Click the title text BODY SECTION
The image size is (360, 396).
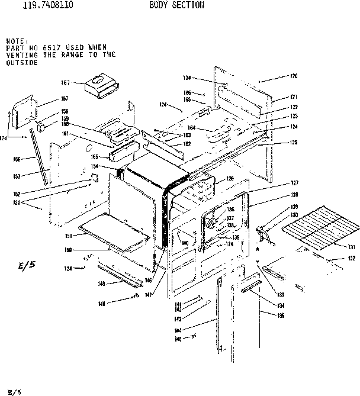(x=176, y=5)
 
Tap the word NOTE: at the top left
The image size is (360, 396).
(x=16, y=40)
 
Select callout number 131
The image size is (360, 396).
(x=351, y=247)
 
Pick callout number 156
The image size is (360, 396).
(x=17, y=159)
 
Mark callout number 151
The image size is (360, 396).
(x=69, y=236)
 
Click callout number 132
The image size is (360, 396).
(x=351, y=259)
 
